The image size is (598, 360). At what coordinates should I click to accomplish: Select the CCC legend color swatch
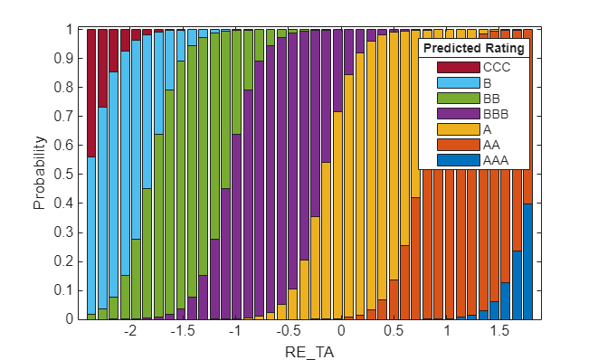coord(459,67)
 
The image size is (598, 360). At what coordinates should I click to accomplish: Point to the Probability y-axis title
coord(39,173)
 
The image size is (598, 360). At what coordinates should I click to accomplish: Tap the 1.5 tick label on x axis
coord(499,331)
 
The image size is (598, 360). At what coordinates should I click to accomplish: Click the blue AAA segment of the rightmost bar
coord(528,261)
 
